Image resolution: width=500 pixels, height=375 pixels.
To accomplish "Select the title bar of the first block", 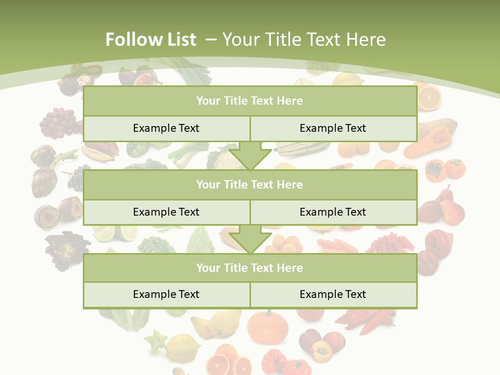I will click(x=249, y=101).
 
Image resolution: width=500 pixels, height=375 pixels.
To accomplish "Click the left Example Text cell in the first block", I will click(x=166, y=128).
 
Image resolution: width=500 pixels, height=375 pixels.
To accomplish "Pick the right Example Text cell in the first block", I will click(x=333, y=128).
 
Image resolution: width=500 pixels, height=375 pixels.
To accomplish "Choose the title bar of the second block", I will click(x=249, y=184).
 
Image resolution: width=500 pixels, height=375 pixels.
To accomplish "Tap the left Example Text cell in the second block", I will click(x=166, y=212).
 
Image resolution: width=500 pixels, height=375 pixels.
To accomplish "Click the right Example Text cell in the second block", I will click(x=333, y=212).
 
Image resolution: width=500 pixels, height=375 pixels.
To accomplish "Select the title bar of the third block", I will click(x=249, y=268).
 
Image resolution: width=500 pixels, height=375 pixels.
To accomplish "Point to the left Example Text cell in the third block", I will click(x=166, y=294).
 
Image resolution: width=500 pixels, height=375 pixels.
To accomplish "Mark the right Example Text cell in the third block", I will click(x=333, y=294).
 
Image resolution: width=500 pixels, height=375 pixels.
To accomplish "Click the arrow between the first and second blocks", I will click(x=250, y=156).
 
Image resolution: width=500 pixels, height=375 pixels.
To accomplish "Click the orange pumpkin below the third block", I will click(x=267, y=327).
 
